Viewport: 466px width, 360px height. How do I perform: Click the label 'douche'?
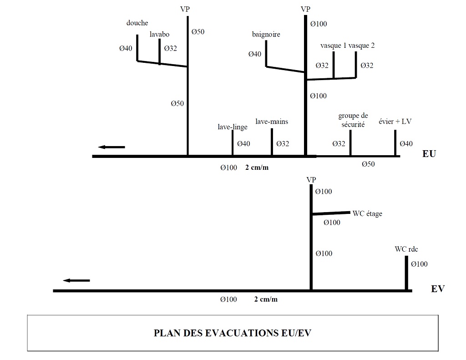137,23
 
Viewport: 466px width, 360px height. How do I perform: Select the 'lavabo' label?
159,34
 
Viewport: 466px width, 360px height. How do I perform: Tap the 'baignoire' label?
266,35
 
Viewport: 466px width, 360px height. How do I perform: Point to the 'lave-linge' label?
233,127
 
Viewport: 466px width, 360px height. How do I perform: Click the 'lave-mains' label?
272,122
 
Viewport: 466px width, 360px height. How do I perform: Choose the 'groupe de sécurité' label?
353,120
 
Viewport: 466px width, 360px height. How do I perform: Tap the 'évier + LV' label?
395,122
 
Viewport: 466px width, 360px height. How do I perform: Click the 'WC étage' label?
367,213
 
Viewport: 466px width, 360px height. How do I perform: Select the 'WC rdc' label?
406,249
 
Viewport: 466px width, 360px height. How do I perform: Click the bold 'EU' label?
429,154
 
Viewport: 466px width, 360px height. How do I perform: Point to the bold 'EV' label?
438,289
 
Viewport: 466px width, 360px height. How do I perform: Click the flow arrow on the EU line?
111,147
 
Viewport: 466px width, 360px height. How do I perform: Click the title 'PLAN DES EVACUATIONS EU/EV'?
233,333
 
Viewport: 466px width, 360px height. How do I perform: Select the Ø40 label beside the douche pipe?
126,48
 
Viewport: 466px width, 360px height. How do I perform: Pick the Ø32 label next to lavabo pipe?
170,48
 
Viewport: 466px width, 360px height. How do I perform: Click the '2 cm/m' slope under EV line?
266,299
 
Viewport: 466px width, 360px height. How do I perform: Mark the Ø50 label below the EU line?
368,164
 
